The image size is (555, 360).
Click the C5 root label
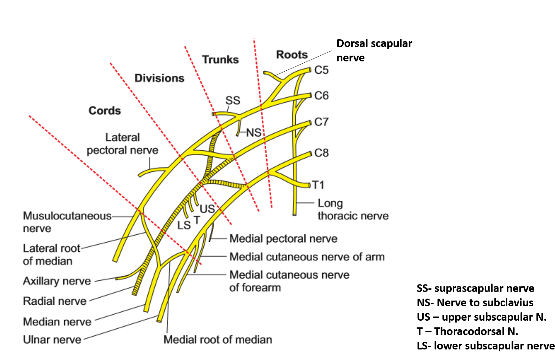321,70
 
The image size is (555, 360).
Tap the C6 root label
321,96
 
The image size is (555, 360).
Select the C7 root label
321,122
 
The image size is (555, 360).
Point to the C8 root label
321,153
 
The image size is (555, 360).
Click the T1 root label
318,185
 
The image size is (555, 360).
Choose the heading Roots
292,55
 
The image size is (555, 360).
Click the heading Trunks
220,60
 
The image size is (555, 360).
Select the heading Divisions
159,78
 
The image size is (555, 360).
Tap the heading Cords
105,111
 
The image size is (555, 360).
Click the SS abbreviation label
232,101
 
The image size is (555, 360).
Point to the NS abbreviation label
254,133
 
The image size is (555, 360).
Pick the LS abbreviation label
184,225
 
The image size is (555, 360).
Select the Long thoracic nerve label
353,209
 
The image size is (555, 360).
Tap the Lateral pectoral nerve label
122,144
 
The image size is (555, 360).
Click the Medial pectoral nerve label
283,239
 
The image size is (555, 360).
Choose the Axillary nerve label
57,281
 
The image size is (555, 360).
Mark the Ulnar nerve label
52,340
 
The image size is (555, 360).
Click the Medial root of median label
218,340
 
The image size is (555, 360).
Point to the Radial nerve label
55,301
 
